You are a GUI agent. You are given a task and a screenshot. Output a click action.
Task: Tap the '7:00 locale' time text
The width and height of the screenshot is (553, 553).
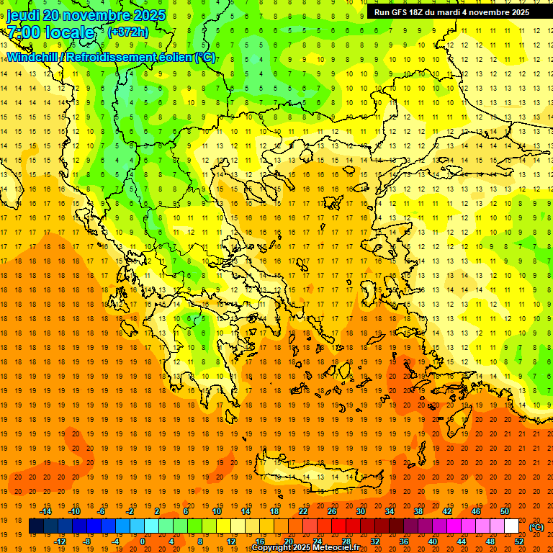pyautogui.click(x=50, y=32)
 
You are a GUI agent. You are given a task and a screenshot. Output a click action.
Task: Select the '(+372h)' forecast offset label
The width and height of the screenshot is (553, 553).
pyautogui.click(x=128, y=32)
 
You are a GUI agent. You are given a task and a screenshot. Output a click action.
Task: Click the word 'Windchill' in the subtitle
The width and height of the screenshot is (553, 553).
pyautogui.click(x=34, y=57)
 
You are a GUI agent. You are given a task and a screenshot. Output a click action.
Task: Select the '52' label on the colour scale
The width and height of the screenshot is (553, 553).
pyautogui.click(x=519, y=541)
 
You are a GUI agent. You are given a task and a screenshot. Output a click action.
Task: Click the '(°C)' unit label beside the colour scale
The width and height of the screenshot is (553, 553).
pyautogui.click(x=536, y=527)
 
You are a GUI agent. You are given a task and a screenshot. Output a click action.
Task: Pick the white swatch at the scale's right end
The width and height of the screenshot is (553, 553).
pyautogui.click(x=512, y=526)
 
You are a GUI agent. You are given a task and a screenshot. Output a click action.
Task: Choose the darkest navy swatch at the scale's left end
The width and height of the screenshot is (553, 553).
pyautogui.click(x=36, y=526)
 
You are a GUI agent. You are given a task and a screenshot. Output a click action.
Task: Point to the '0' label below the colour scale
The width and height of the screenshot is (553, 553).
pyautogui.click(x=142, y=541)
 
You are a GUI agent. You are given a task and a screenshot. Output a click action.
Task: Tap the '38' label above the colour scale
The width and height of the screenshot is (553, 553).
pyautogui.click(x=418, y=511)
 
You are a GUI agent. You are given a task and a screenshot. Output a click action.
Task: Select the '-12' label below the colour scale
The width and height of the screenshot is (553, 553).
pyautogui.click(x=60, y=541)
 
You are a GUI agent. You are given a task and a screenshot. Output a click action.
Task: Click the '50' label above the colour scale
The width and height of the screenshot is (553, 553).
pyautogui.click(x=505, y=511)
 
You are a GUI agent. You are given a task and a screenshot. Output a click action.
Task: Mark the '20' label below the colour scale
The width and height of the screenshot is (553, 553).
pyautogui.click(x=289, y=541)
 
